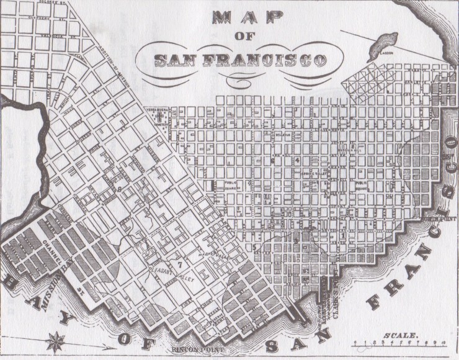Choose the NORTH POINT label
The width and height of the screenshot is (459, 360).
point(439,218)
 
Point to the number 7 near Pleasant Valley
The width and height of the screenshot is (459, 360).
point(179,264)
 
